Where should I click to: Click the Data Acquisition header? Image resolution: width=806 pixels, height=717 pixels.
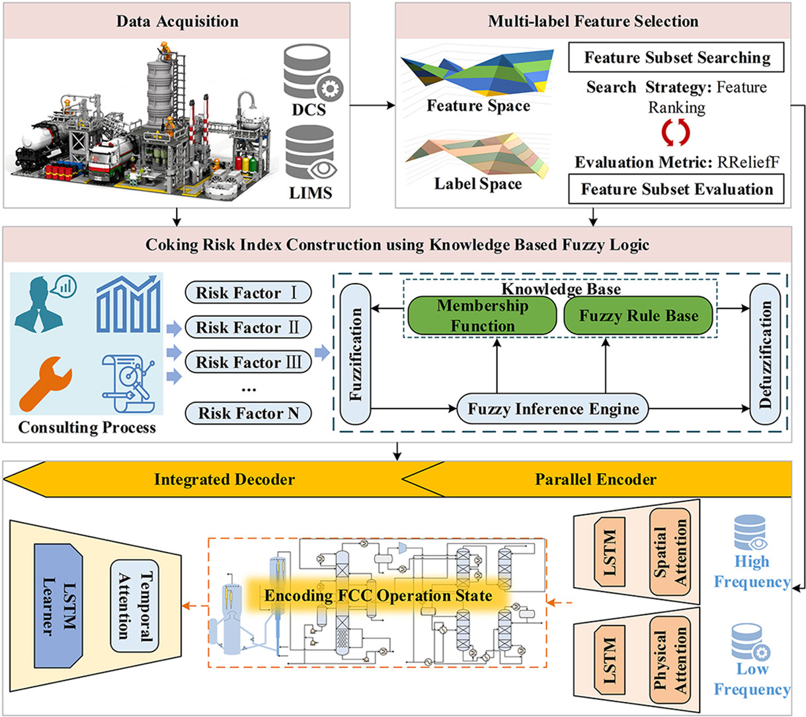tap(177, 20)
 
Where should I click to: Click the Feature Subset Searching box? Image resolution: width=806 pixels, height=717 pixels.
tap(676, 57)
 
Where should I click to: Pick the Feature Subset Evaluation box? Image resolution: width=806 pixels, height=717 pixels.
tap(676, 189)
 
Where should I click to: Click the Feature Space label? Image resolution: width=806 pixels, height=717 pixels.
tap(478, 106)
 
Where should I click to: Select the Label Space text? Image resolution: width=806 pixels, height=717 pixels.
tap(477, 184)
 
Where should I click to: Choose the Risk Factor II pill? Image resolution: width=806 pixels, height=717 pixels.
tap(248, 327)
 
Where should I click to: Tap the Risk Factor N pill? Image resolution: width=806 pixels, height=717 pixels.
tap(248, 413)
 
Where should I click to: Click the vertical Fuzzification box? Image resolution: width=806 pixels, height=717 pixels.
tap(356, 354)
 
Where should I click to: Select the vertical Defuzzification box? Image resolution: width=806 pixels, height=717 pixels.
tap(765, 354)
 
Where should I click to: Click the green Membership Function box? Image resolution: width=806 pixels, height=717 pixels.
tap(482, 315)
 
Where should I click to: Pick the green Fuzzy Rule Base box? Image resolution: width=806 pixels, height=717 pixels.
tap(639, 315)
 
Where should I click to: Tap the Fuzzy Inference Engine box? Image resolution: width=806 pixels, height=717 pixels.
tap(553, 409)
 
